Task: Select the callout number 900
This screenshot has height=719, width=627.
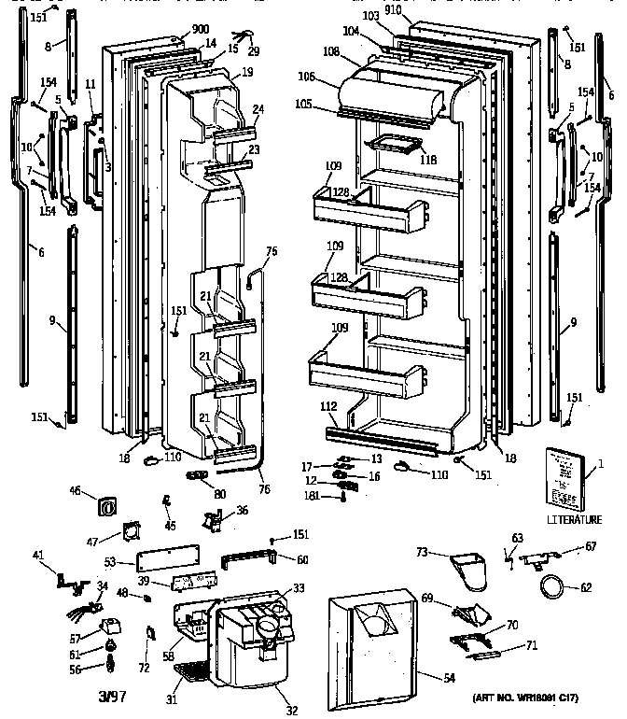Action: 201,30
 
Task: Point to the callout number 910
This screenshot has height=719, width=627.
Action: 393,9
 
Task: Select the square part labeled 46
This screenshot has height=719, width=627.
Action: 106,507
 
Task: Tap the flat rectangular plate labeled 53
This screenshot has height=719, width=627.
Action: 165,562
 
